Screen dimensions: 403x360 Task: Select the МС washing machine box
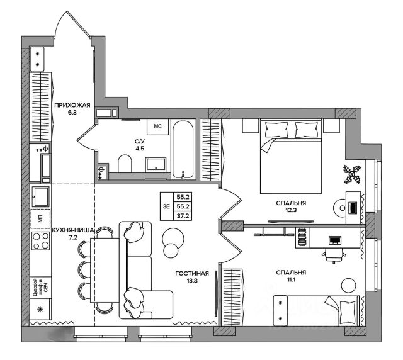tap(158, 126)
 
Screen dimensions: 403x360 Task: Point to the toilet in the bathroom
tap(124, 166)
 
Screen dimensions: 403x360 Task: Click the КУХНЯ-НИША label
tap(72, 231)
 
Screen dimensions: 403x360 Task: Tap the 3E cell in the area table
tap(165, 205)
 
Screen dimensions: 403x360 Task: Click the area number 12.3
tap(290, 211)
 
